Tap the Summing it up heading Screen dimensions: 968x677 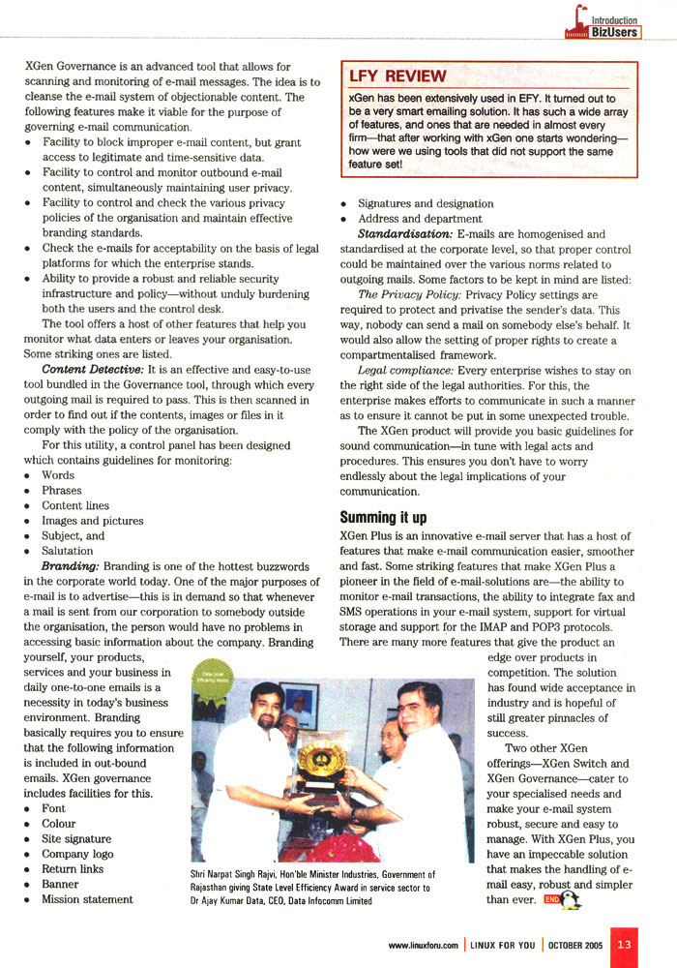pyautogui.click(x=383, y=518)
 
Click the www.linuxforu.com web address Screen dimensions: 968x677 pyautogui.click(x=423, y=945)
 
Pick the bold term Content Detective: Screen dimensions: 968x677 pyautogui.click(x=85, y=370)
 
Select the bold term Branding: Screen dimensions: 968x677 pyautogui.click(x=71, y=565)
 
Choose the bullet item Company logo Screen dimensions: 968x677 pyautogui.click(x=77, y=854)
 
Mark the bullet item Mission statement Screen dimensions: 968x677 pyautogui.click(x=87, y=899)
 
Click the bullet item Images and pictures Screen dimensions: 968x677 pyautogui.click(x=92, y=521)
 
